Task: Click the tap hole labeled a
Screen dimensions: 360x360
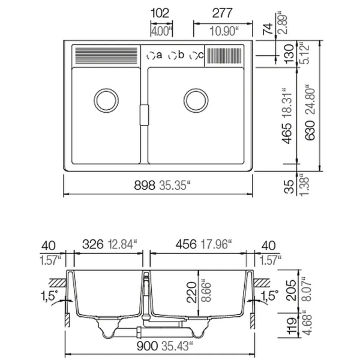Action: coord(151,56)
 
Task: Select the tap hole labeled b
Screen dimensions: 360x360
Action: coord(172,56)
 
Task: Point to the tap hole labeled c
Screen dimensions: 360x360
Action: coord(194,56)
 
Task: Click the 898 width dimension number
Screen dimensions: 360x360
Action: coord(145,185)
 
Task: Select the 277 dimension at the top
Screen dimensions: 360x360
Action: coord(222,13)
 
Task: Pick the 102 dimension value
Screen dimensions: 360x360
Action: coord(160,13)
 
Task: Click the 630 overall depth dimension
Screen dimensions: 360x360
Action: coord(310,130)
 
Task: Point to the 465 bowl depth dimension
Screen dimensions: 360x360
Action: coord(287,134)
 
